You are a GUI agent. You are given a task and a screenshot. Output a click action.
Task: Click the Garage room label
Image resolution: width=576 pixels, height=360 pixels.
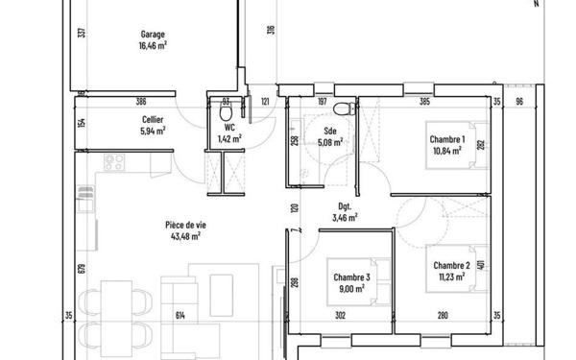153,33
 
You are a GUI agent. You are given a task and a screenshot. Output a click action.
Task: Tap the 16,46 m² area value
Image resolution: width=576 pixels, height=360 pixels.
153,44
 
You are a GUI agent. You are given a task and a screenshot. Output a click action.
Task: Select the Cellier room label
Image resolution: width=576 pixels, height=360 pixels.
152,120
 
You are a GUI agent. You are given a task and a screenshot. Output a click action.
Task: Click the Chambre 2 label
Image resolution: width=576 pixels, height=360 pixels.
450,265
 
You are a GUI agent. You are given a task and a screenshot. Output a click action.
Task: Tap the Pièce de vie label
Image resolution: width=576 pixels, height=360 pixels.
183,224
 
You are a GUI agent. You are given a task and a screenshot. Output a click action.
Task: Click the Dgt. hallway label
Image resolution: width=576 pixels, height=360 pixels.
345,206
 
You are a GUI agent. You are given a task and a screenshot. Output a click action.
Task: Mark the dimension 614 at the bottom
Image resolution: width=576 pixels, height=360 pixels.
179,315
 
